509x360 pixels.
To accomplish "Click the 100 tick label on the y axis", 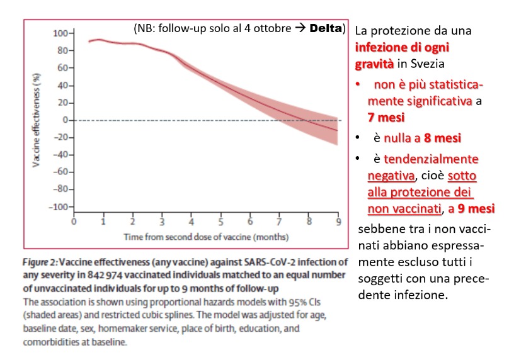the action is [60, 33].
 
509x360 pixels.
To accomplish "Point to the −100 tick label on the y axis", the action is [59, 206].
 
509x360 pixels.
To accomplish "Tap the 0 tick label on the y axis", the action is [66, 120].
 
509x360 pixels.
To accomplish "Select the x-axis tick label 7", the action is [279, 222].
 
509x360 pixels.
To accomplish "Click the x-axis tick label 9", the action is [338, 222].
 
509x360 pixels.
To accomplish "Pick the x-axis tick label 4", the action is [192, 222].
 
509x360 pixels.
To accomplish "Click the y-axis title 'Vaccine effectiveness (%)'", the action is [37, 120].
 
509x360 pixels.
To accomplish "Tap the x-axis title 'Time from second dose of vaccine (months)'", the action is [206, 237].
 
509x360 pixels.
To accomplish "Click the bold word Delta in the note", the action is [326, 28].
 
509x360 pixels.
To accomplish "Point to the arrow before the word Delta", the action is [300, 28].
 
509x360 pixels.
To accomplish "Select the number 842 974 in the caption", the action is [105, 275].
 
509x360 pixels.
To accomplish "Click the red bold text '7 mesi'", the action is [386, 117].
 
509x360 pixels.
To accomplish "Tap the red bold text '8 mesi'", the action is [442, 138].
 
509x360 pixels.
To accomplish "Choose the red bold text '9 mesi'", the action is [476, 208].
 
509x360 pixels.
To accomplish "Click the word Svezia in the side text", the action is [428, 64].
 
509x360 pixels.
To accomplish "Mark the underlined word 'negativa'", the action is [391, 176].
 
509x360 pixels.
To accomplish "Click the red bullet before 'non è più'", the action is [358, 84].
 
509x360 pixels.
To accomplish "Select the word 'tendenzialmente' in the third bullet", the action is [431, 159].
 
